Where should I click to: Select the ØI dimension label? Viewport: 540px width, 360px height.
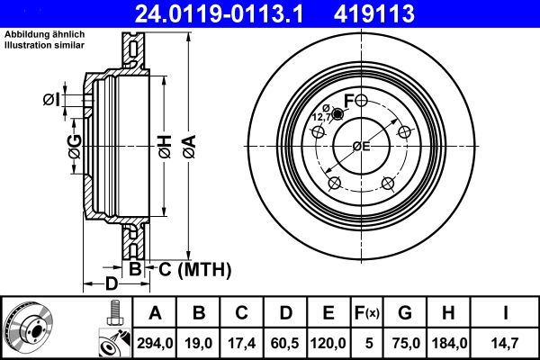click(52, 100)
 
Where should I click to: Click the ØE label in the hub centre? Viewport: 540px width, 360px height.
click(362, 146)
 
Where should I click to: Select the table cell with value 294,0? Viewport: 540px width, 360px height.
click(155, 342)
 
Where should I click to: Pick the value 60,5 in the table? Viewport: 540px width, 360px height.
click(286, 342)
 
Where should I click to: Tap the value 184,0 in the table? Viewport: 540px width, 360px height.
click(446, 342)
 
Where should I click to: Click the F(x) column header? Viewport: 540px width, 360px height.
click(368, 313)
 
